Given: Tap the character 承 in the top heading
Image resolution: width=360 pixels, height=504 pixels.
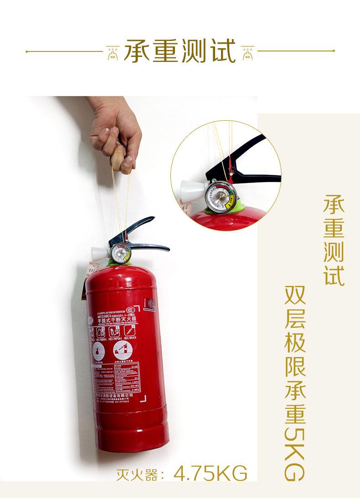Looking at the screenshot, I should (x=138, y=51).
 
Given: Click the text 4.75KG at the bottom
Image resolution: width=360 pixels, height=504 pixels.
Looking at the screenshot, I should (x=211, y=473).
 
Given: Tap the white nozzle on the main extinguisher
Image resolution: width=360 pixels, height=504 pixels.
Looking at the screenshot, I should (x=100, y=254).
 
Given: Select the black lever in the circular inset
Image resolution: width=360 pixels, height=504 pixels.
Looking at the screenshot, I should (x=246, y=159).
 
